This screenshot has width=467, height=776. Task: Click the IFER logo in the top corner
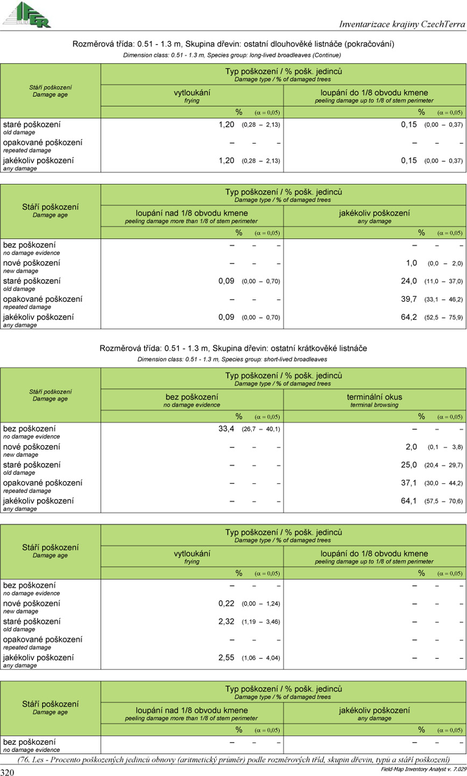[x=26, y=15]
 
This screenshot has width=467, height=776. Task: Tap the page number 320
[x=7, y=772]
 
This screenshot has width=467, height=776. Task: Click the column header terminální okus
[x=374, y=397]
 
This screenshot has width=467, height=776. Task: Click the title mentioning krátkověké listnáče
[x=233, y=348]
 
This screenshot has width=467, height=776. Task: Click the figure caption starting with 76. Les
[x=233, y=759]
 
